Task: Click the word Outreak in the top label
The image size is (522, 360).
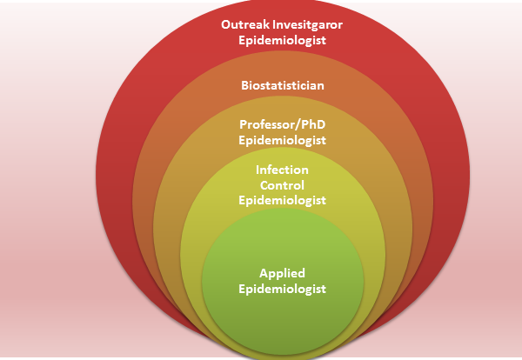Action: pyautogui.click(x=245, y=24)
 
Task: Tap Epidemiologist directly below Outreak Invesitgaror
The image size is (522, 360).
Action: pyautogui.click(x=282, y=40)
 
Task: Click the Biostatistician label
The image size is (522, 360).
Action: pyautogui.click(x=283, y=85)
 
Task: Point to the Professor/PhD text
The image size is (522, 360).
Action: pyautogui.click(x=282, y=124)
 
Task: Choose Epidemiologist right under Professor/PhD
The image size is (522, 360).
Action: pyautogui.click(x=282, y=140)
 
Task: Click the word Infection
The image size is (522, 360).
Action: pyautogui.click(x=282, y=170)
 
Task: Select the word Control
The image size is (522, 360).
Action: pyautogui.click(x=282, y=185)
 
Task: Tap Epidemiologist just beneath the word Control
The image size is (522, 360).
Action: pyautogui.click(x=282, y=200)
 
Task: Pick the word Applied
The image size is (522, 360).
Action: pyautogui.click(x=282, y=274)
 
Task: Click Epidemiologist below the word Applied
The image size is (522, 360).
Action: pyautogui.click(x=282, y=289)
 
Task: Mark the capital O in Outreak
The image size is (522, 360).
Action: pyautogui.click(x=226, y=24)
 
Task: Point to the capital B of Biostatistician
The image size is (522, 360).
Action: pyautogui.click(x=245, y=85)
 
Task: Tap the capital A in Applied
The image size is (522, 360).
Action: pyautogui.click(x=264, y=273)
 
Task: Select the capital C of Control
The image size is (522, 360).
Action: pyautogui.click(x=264, y=185)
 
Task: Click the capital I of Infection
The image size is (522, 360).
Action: pyautogui.click(x=258, y=170)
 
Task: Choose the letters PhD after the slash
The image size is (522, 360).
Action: pyautogui.click(x=313, y=124)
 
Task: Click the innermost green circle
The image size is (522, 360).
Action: pyautogui.click(x=283, y=281)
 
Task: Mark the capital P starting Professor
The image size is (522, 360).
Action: pyautogui.click(x=244, y=124)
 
